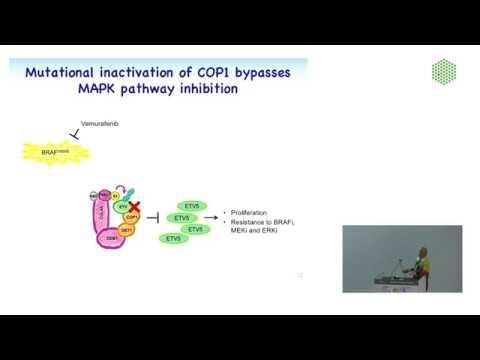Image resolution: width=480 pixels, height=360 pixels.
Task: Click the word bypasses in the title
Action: pyautogui.click(x=271, y=71)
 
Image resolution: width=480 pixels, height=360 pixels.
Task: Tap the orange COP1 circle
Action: pyautogui.click(x=132, y=215)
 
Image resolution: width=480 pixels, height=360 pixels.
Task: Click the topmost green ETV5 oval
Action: pyautogui.click(x=192, y=205)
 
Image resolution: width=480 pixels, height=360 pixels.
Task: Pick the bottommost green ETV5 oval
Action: pyautogui.click(x=173, y=239)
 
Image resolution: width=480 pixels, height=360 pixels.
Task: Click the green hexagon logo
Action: pyautogui.click(x=444, y=72)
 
